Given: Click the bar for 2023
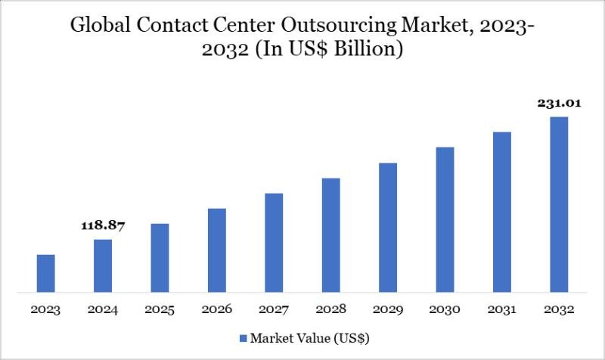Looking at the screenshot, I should pyautogui.click(x=46, y=272).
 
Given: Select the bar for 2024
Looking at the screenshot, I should pyautogui.click(x=103, y=265).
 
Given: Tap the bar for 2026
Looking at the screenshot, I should pyautogui.click(x=217, y=250).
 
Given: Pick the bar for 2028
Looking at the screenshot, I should pyautogui.click(x=330, y=234).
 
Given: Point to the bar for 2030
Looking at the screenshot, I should pyautogui.click(x=445, y=219).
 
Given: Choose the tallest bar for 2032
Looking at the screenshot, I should pyautogui.click(x=559, y=203).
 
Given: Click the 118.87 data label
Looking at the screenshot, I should pyautogui.click(x=103, y=225).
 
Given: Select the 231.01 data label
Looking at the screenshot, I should pyautogui.click(x=559, y=104).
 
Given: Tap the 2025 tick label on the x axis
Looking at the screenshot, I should pyautogui.click(x=160, y=309).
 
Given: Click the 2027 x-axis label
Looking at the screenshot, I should pyautogui.click(x=274, y=309).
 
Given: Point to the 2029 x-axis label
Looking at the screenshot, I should pyautogui.click(x=388, y=309).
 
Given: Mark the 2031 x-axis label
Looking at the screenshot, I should pyautogui.click(x=502, y=309).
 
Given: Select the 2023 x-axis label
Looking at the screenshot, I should pyautogui.click(x=46, y=309).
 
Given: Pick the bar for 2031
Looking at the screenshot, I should pyautogui.click(x=502, y=211).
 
